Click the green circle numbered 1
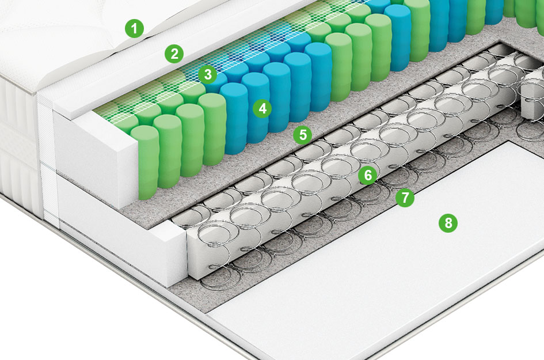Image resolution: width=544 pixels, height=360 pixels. (x=135, y=28)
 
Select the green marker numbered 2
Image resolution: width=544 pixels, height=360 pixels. (x=174, y=54)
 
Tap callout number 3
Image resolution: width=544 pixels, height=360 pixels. (x=208, y=74)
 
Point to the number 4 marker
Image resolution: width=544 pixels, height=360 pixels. (x=263, y=109)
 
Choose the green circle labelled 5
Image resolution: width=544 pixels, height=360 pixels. (x=303, y=135)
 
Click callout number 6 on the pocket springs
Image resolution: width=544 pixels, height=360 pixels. (x=368, y=175)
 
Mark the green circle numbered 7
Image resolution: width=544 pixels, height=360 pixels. (x=405, y=198)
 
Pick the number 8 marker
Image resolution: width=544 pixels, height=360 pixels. (x=448, y=222)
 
